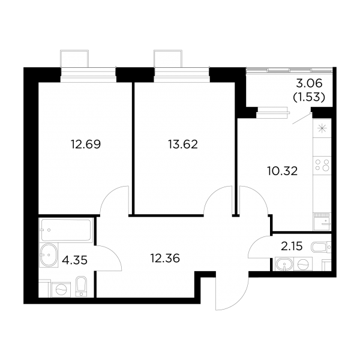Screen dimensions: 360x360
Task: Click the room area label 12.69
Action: (86, 145)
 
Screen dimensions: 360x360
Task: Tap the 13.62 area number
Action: (183, 145)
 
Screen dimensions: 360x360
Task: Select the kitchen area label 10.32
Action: (283, 171)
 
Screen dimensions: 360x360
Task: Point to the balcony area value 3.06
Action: (309, 83)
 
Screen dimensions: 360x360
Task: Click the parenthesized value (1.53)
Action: (309, 97)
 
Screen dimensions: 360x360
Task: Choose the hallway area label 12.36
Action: (165, 259)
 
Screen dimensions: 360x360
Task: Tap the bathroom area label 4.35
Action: (75, 260)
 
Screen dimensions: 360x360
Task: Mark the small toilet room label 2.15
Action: (292, 247)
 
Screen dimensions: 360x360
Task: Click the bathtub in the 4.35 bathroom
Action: (66, 230)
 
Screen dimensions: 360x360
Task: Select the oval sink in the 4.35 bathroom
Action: (49, 254)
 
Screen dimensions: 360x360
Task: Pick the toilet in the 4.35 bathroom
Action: (81, 286)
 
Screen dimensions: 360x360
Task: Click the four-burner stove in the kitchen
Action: (322, 164)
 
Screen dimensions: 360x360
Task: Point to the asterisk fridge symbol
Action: (322, 128)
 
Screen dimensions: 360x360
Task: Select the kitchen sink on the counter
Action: (322, 221)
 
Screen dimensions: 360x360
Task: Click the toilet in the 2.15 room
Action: (321, 247)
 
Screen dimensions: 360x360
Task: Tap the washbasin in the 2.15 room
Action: (284, 264)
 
